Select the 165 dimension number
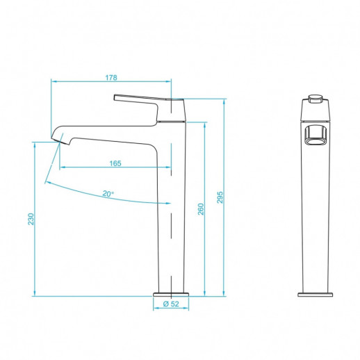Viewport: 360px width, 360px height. pyautogui.click(x=115, y=163)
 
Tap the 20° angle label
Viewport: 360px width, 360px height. pyautogui.click(x=108, y=194)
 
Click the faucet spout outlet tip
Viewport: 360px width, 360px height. pyautogui.click(x=58, y=141)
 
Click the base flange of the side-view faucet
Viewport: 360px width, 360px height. pyautogui.click(x=171, y=292)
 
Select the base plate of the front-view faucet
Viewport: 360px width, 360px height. pyautogui.click(x=316, y=293)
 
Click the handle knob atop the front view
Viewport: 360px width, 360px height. pyautogui.click(x=316, y=96)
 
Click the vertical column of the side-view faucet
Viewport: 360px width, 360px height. pyautogui.click(x=171, y=222)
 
